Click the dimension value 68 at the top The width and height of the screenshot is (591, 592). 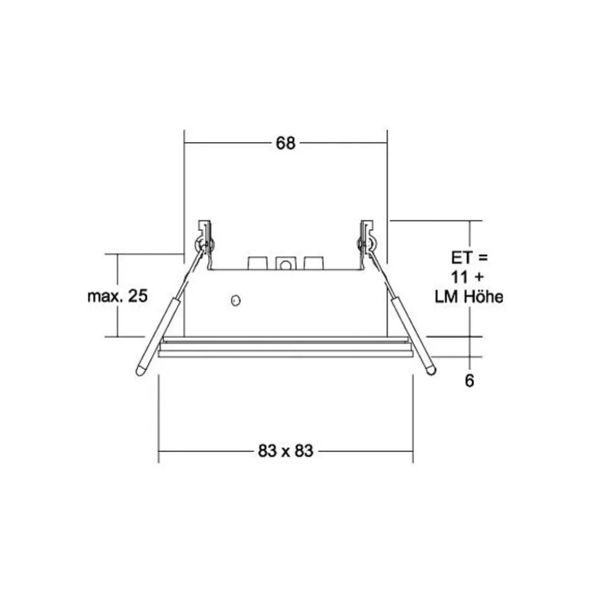pyautogui.click(x=285, y=143)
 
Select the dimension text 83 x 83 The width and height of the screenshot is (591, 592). pyautogui.click(x=285, y=452)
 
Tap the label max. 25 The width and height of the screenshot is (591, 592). pyautogui.click(x=118, y=297)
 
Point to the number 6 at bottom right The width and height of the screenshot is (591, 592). pyautogui.click(x=469, y=381)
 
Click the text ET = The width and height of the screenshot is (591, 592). pyautogui.click(x=469, y=256)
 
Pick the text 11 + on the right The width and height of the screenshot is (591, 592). pyautogui.click(x=469, y=277)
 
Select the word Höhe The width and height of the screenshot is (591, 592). pyautogui.click(x=483, y=298)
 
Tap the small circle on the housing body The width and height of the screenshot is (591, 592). pyautogui.click(x=235, y=300)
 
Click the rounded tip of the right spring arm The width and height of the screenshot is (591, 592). pyautogui.click(x=431, y=369)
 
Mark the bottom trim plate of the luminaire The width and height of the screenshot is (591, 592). pyautogui.click(x=285, y=353)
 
